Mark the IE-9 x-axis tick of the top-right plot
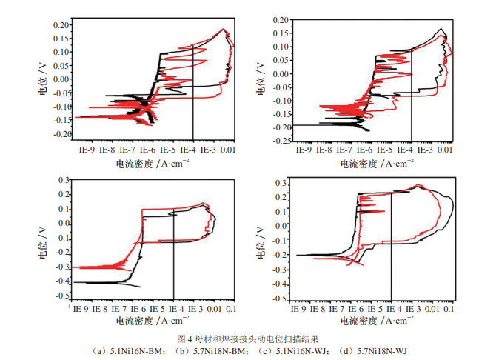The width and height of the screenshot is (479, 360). coord(303,149)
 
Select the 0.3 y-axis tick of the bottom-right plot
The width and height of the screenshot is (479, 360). coord(281,183)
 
